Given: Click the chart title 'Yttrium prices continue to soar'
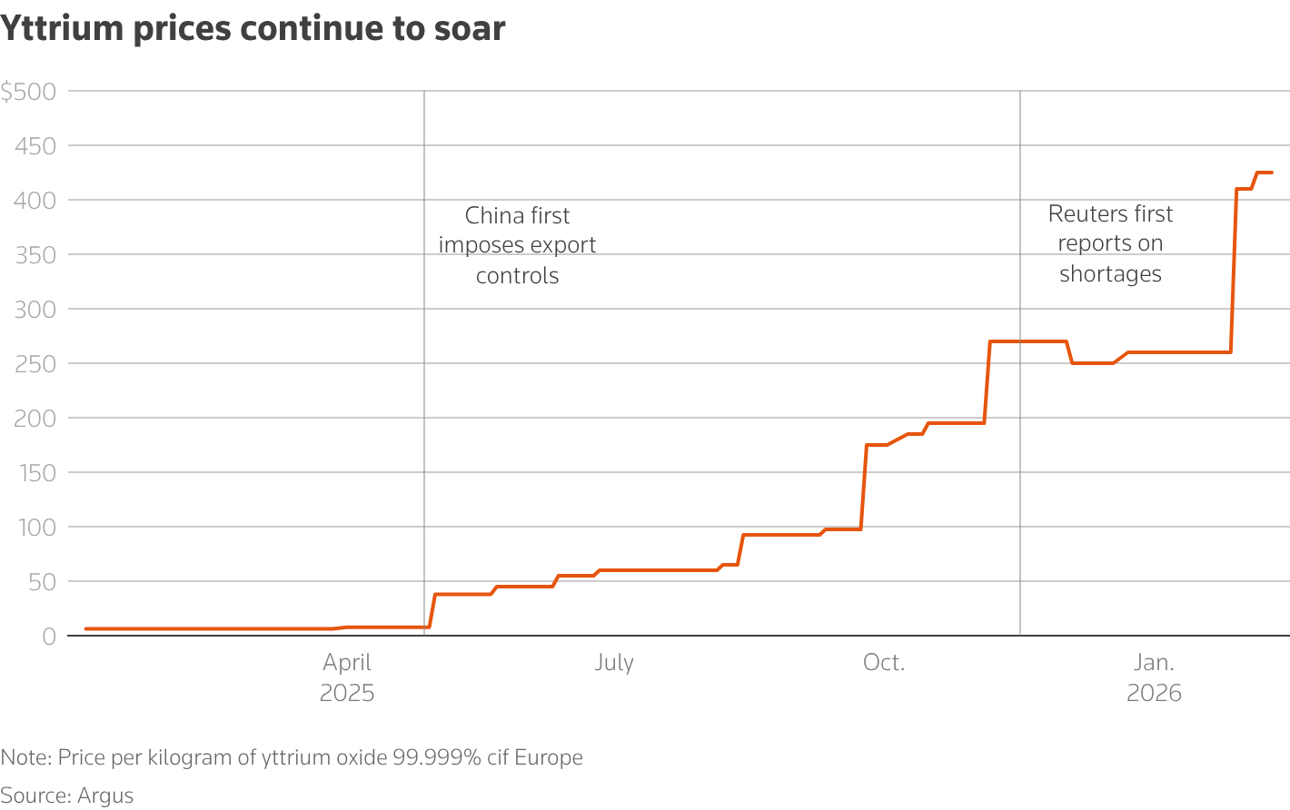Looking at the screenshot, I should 253,29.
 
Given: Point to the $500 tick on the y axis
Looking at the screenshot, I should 29,92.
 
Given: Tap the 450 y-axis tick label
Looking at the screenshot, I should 35,146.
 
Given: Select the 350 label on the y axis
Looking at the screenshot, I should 35,255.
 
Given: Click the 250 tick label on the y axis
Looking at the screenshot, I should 35,364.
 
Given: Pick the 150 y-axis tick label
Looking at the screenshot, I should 35,473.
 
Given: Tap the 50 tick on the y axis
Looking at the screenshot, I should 42,582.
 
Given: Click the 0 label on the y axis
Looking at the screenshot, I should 48,637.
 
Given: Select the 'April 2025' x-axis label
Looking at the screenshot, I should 347,677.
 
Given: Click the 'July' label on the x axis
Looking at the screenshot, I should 614,663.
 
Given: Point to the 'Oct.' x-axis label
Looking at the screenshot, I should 884,663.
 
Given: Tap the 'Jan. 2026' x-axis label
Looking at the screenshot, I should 1154,677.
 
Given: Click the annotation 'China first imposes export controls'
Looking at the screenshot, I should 517,245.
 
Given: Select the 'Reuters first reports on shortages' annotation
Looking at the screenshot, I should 1110,243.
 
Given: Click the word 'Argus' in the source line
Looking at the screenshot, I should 105,796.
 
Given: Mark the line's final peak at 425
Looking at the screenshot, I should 1264,173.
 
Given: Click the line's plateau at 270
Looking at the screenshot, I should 1027,341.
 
